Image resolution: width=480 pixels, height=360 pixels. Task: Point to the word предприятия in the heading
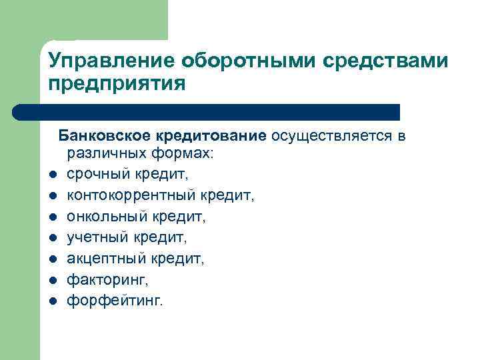(115, 85)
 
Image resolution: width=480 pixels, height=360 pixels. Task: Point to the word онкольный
(104, 217)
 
